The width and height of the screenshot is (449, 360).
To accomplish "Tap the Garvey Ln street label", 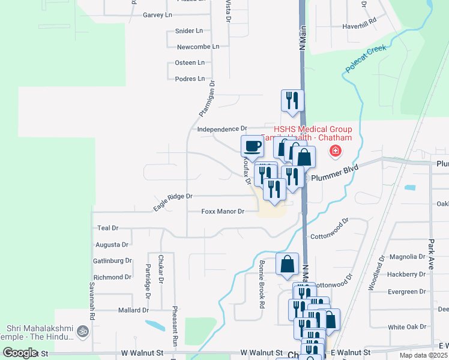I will [x=158, y=14].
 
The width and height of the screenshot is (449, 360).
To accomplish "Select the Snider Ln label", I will [x=188, y=31].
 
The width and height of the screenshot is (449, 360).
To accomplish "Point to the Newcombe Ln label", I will [x=198, y=46].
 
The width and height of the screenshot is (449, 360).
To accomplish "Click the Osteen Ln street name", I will [x=190, y=62].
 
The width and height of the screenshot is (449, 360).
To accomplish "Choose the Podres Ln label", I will [x=190, y=79].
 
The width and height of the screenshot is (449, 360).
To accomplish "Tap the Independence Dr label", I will [x=222, y=128].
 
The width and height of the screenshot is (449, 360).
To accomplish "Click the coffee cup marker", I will [x=252, y=146].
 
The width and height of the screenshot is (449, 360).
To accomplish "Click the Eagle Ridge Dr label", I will [x=172, y=201].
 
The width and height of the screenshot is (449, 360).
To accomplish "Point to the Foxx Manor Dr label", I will [x=223, y=211].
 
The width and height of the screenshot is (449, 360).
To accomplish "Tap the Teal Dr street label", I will [x=108, y=229].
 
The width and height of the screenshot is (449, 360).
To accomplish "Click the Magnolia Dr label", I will [x=407, y=257].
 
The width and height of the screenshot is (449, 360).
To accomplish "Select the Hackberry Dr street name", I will [x=406, y=274].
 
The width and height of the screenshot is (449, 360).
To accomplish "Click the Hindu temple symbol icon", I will [x=83, y=331].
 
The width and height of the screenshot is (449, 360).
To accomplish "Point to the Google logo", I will [x=20, y=353].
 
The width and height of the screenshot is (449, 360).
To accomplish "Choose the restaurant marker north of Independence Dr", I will [x=293, y=100].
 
